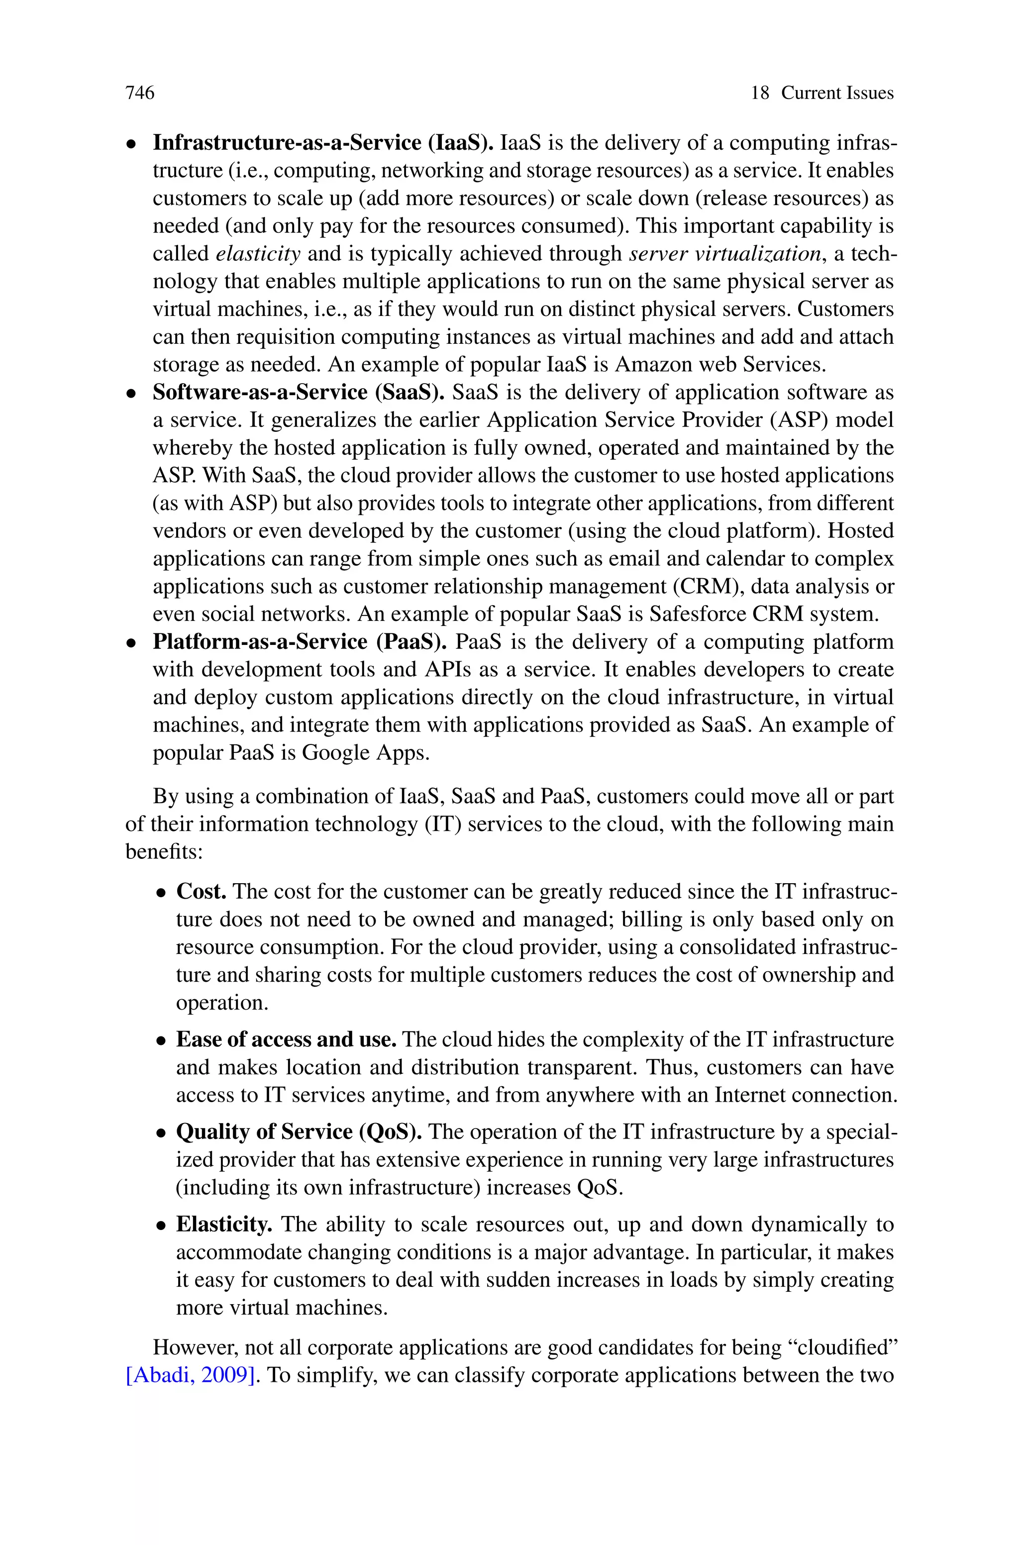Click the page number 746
pos(140,93)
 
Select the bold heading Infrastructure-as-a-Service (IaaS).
pos(323,142)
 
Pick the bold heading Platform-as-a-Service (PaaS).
pos(300,641)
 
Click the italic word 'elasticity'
pos(258,253)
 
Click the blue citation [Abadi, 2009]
pos(190,1375)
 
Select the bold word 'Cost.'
pos(202,891)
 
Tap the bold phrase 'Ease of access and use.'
pos(286,1039)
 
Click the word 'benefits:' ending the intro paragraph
pos(164,851)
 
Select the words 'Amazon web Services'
pos(720,365)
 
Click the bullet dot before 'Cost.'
pos(161,893)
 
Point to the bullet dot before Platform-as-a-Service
pos(131,644)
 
